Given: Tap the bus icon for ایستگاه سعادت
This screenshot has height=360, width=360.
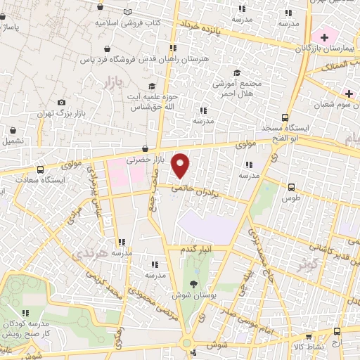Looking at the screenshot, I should [x=39, y=170].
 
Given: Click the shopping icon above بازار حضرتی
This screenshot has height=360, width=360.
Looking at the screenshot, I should [x=144, y=148].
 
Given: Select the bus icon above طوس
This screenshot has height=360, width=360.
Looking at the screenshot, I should [x=292, y=187].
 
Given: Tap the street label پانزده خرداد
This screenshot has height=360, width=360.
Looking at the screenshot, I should [x=204, y=27].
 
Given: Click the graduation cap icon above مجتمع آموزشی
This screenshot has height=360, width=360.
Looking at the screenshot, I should [x=238, y=73].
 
